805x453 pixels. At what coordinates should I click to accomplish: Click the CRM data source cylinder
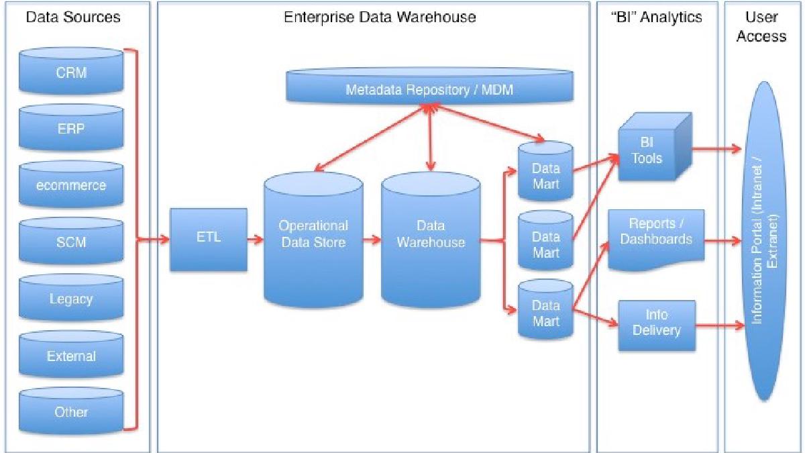[x=71, y=71]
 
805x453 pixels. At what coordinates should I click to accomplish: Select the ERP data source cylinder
[x=71, y=128]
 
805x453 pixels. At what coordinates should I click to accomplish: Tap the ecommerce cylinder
[x=71, y=184]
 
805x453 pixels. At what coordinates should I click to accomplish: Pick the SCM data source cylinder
[x=71, y=241]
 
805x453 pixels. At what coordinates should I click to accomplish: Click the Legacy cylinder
[x=71, y=298]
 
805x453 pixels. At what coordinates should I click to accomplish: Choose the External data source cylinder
[x=71, y=354]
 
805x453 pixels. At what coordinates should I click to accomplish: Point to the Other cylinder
[x=71, y=411]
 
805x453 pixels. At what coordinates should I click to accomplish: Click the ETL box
[x=209, y=240]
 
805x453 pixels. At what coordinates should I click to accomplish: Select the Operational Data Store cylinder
[x=313, y=240]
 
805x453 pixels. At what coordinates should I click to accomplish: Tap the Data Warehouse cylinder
[x=431, y=240]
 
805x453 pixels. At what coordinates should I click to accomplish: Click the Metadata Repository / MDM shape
[x=430, y=86]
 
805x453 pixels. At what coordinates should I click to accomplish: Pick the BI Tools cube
[x=655, y=146]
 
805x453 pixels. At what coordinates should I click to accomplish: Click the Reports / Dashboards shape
[x=656, y=240]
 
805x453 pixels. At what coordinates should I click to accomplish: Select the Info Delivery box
[x=657, y=325]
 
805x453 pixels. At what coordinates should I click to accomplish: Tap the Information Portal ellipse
[x=764, y=241]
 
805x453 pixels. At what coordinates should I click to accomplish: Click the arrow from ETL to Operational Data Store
[x=255, y=239]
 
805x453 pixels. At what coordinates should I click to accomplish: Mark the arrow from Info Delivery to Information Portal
[x=720, y=326]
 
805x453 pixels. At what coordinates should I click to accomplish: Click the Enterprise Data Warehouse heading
[x=380, y=17]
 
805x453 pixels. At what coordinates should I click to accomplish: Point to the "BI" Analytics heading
[x=656, y=17]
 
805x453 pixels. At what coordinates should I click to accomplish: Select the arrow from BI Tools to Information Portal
[x=716, y=148]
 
